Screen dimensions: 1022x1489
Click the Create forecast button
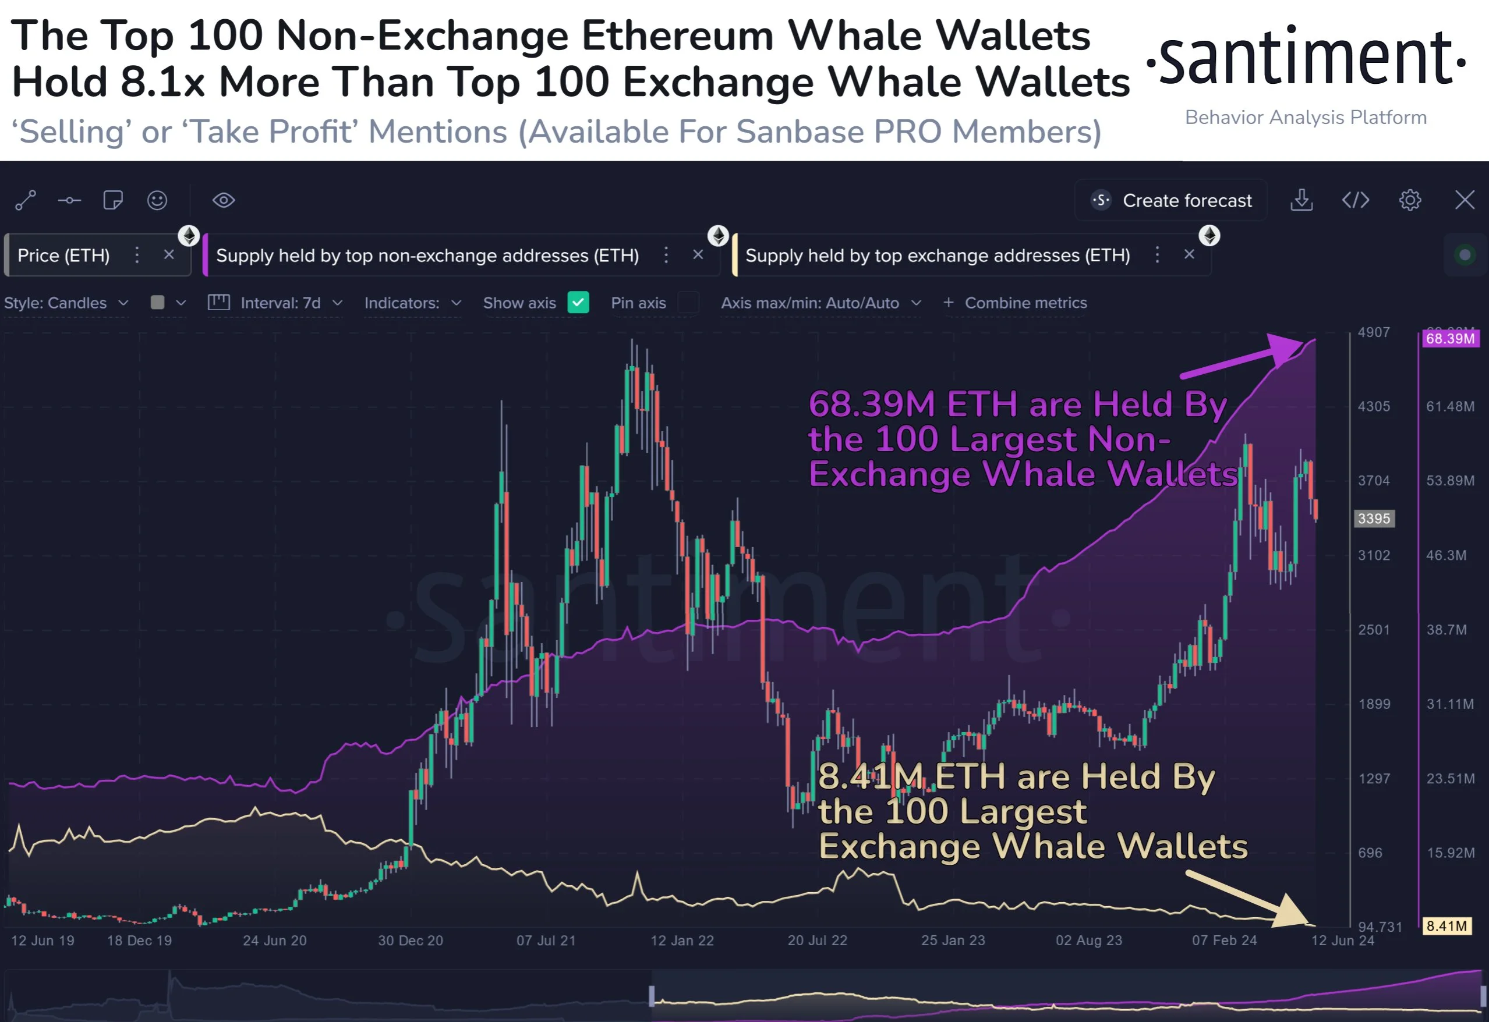pos(1171,200)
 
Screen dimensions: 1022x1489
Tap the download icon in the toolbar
pos(1301,200)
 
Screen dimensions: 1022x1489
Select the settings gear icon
pos(1410,200)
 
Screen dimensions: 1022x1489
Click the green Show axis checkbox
pos(578,302)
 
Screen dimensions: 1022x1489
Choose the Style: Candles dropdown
pos(66,303)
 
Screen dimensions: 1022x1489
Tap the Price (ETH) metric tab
pos(63,255)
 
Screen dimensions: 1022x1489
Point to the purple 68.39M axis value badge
pos(1450,338)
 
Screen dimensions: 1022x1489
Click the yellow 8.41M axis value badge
pos(1446,925)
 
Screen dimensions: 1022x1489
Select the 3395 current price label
pos(1374,518)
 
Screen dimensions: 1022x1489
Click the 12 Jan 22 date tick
pos(682,940)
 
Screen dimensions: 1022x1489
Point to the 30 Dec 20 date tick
pos(410,940)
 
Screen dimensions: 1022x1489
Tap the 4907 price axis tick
pos(1374,332)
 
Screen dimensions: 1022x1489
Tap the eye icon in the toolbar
pos(224,200)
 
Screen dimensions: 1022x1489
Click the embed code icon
pos(1355,200)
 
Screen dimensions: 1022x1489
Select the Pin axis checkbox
pos(688,302)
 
